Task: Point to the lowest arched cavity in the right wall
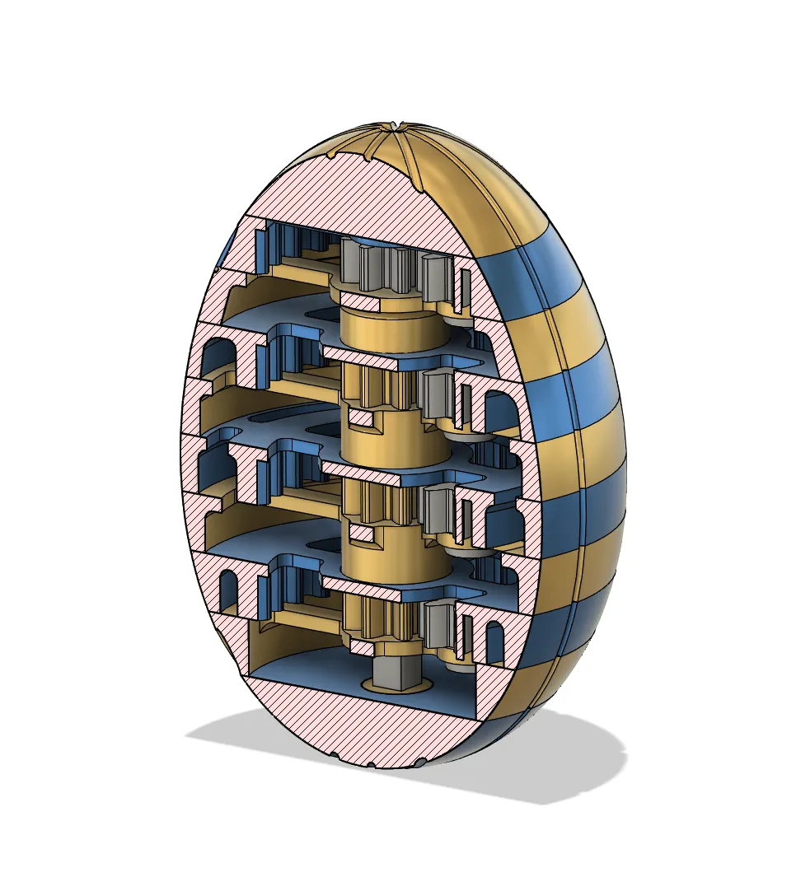tap(494, 642)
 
